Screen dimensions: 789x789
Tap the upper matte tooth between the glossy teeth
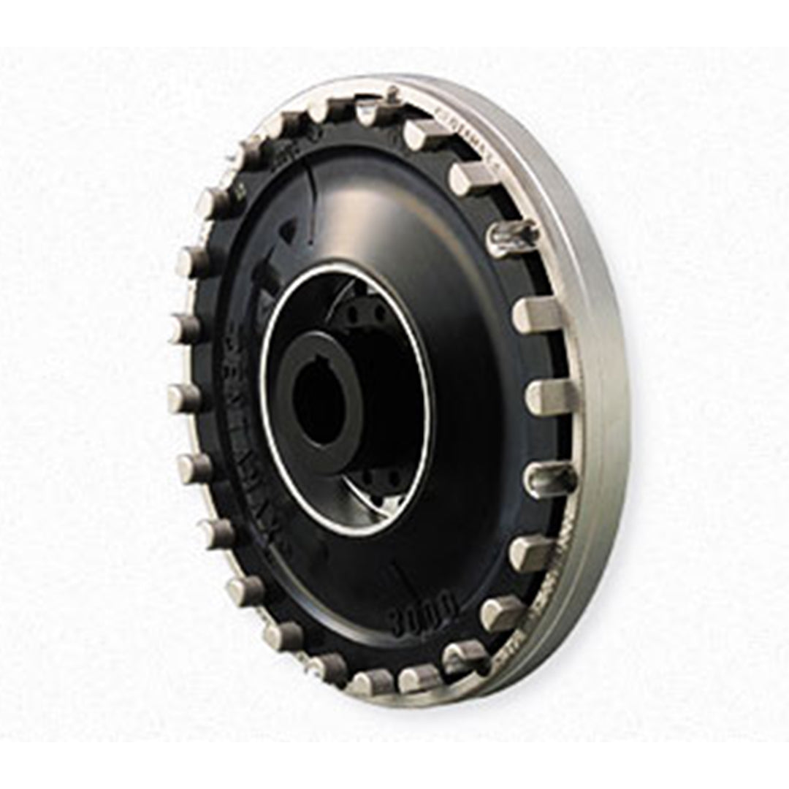click(538, 315)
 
